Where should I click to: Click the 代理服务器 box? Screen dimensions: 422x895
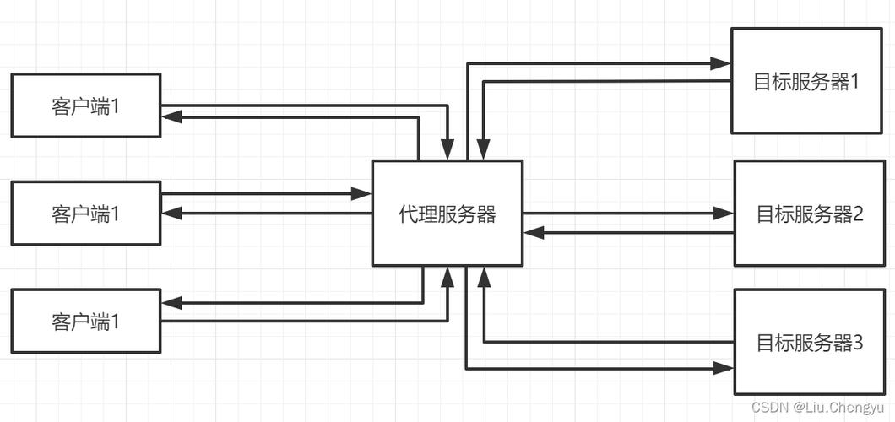point(447,214)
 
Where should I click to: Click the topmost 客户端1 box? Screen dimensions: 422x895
point(85,105)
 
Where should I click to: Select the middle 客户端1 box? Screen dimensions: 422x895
point(85,213)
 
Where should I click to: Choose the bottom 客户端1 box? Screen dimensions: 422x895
point(85,321)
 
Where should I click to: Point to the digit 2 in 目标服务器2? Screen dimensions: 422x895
point(858,214)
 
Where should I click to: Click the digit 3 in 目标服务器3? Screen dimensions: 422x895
point(858,343)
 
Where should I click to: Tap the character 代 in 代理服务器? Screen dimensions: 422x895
point(408,214)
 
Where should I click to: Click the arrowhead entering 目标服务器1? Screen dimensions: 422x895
point(720,63)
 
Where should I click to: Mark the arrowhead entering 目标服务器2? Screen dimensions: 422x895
point(724,213)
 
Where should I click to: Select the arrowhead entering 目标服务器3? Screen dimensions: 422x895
point(724,368)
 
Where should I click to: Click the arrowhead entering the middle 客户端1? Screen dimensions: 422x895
point(171,214)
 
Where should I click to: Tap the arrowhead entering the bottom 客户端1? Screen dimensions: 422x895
point(171,302)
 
